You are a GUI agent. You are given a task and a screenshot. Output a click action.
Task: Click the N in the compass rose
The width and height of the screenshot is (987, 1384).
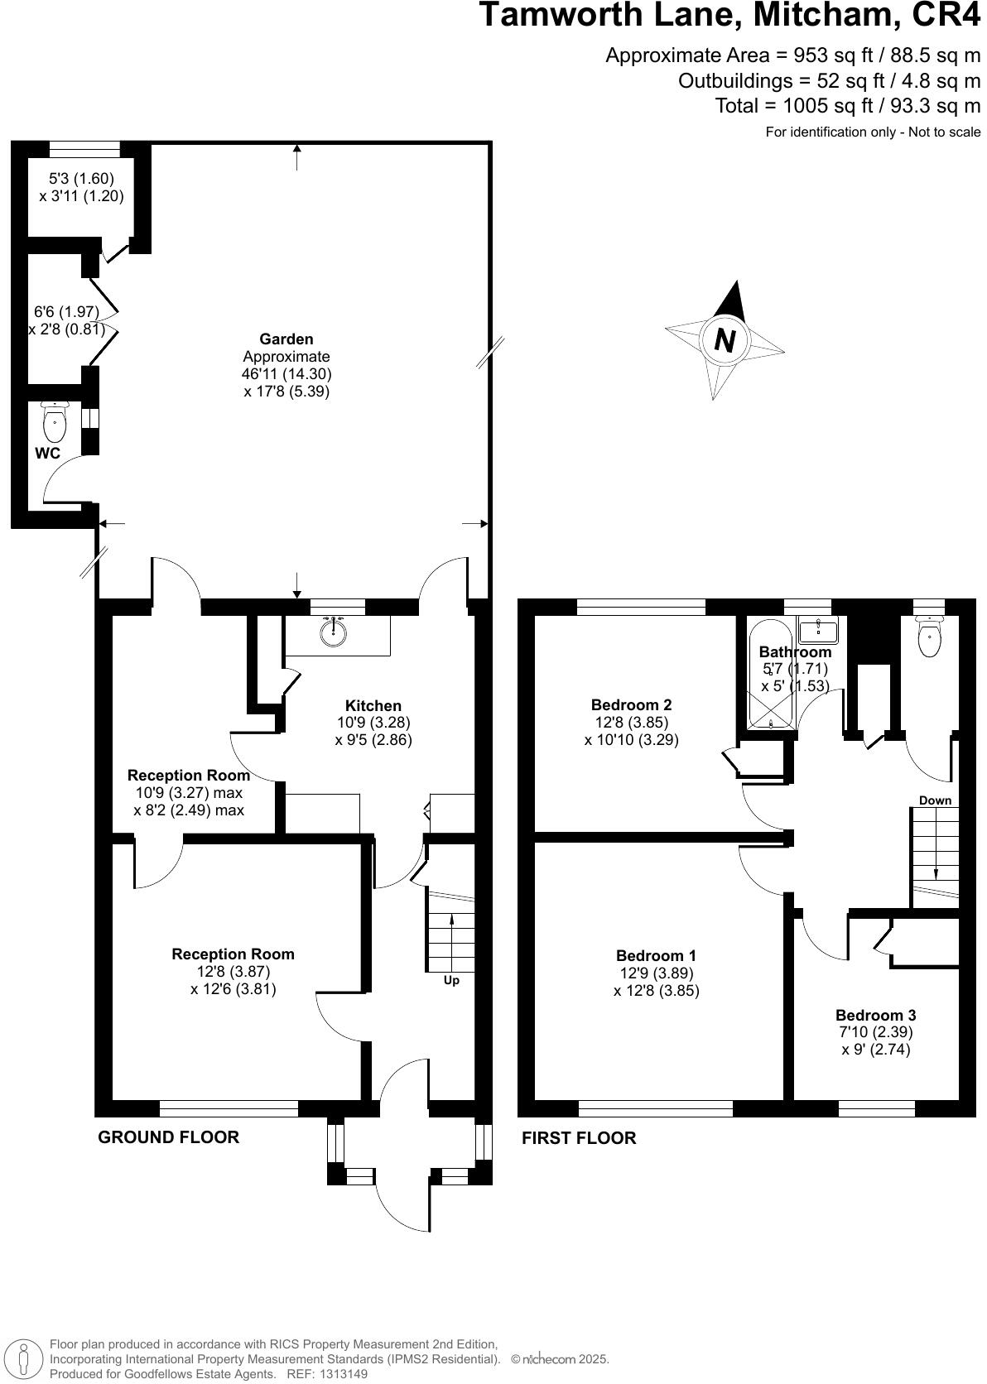coord(725,340)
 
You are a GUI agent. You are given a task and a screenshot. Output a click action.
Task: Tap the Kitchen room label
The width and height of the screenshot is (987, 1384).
coord(373,705)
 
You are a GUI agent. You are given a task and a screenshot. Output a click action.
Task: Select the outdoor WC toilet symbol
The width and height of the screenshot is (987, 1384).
coord(55,422)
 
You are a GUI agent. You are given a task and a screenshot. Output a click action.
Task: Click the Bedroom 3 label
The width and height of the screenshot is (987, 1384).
coord(875,1015)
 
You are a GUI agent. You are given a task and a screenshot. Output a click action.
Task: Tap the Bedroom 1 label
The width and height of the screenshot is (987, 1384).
coord(656,956)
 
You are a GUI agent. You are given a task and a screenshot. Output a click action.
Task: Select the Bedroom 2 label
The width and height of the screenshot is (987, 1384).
coord(631,705)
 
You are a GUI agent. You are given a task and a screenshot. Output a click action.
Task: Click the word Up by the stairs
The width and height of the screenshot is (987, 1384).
coord(451,980)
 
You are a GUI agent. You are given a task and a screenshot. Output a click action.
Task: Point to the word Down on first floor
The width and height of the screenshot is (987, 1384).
coord(935,800)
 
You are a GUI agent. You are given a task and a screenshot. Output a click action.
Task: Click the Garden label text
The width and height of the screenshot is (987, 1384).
coord(286,339)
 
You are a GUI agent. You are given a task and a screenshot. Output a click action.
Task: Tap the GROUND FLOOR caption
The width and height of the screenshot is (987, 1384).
coord(169,1137)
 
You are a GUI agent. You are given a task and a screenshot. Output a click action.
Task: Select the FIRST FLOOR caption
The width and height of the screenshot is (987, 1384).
coord(579,1138)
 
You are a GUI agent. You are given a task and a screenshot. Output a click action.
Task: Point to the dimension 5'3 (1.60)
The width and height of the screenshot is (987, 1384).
coord(81,178)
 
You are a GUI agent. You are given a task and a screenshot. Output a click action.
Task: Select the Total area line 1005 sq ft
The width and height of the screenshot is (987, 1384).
coord(847,105)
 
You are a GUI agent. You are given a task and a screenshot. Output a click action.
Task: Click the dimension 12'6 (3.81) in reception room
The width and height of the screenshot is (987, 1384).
coord(233,988)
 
